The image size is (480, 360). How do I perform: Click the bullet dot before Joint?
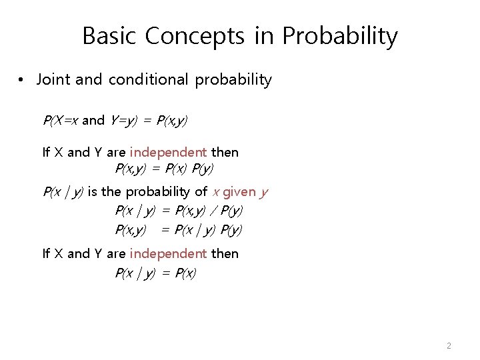click(22, 80)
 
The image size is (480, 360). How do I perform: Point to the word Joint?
click(53, 80)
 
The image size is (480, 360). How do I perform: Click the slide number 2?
click(449, 345)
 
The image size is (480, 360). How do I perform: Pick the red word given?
click(239, 192)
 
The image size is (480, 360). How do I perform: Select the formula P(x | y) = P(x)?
click(155, 273)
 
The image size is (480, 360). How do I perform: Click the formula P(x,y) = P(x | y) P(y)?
click(179, 230)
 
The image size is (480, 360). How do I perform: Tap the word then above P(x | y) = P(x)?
click(224, 253)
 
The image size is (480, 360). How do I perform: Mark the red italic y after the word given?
click(264, 193)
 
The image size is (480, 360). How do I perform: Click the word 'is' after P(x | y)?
click(93, 192)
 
